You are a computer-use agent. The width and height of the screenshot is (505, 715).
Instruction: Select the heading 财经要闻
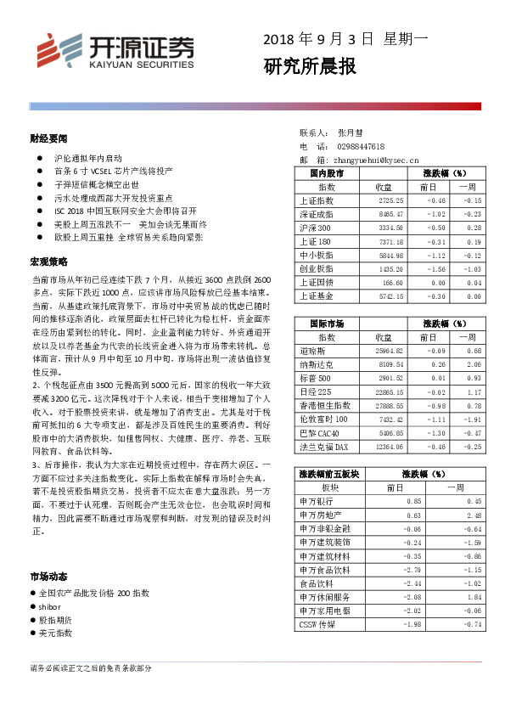48,138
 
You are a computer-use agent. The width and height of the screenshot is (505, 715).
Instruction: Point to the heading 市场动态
48,576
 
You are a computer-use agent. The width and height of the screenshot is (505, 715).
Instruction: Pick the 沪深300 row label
315,228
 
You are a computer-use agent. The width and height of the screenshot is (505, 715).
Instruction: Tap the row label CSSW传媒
319,624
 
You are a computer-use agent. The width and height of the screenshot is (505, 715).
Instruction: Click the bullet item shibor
50,606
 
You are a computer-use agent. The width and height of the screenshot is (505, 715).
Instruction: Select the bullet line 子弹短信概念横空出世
96,184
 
